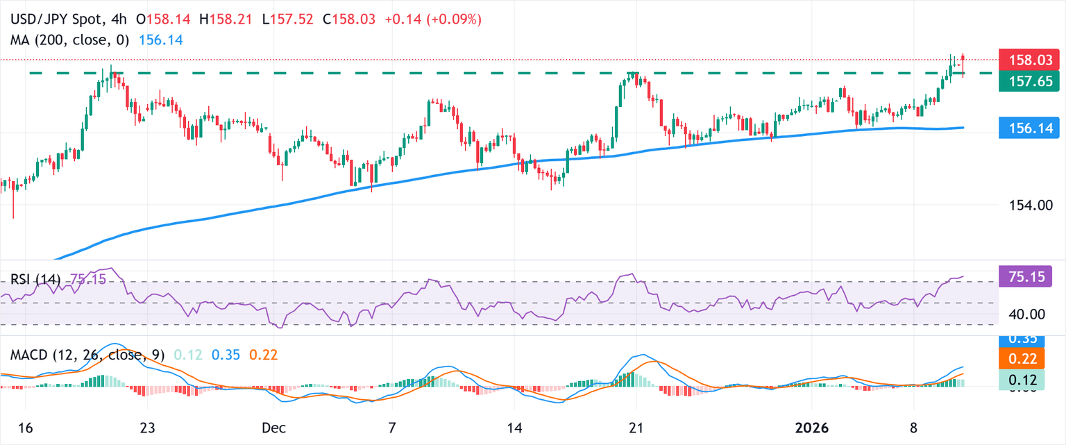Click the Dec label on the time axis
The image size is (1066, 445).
pos(271,428)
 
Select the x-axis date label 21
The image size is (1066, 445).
pos(635,428)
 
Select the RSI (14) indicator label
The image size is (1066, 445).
pos(35,279)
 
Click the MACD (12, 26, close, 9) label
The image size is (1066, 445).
pos(87,355)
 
